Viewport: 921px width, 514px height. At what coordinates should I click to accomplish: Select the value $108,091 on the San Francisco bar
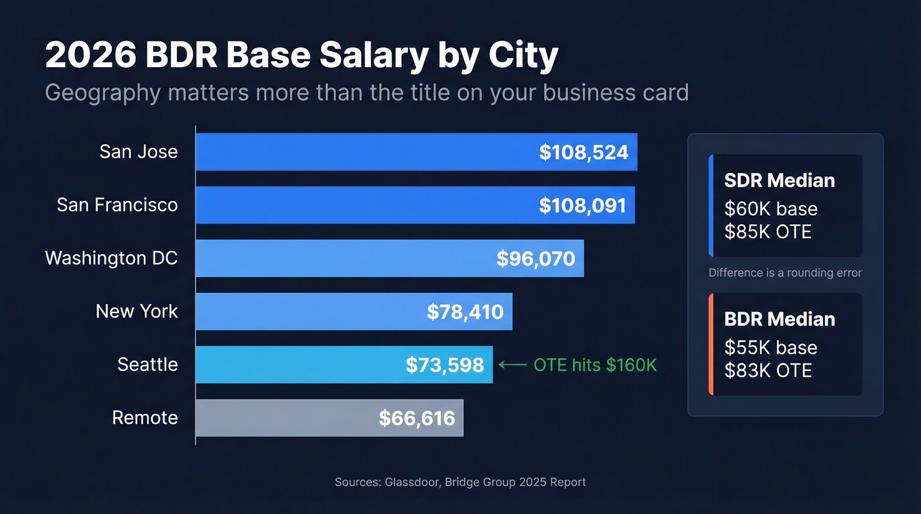[x=582, y=205]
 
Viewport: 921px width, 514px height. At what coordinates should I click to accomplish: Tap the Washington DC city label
[x=111, y=258]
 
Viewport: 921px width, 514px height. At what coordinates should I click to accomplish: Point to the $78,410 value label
[x=465, y=311]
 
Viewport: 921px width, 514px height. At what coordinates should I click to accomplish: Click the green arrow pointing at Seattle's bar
[x=512, y=365]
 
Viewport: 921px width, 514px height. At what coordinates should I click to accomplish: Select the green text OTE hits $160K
[x=595, y=365]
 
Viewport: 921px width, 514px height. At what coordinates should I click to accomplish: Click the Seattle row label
[x=147, y=365]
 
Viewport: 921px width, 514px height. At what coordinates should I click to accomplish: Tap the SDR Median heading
[x=779, y=180]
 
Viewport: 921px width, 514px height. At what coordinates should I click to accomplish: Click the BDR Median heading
[x=779, y=319]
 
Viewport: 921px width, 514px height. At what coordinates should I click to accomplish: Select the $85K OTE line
[x=768, y=232]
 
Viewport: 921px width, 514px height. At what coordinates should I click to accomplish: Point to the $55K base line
[x=770, y=347]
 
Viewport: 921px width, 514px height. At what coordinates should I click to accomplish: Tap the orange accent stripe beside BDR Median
[x=711, y=344]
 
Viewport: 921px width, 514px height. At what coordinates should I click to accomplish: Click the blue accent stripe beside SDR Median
[x=711, y=205]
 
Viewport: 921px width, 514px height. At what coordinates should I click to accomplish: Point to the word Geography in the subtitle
[x=102, y=93]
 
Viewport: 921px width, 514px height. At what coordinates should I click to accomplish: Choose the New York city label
[x=137, y=311]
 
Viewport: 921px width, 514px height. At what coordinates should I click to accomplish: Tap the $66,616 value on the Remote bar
[x=416, y=418]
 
